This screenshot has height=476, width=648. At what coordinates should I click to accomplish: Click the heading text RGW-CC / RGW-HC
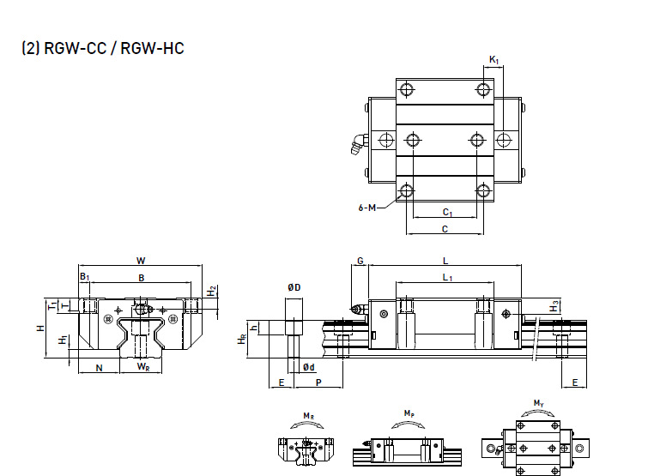click(x=103, y=48)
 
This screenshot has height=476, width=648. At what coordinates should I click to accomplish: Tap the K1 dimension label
click(x=494, y=59)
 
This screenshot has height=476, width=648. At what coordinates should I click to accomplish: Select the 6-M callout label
click(x=366, y=207)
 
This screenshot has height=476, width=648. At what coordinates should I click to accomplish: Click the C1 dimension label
click(x=446, y=212)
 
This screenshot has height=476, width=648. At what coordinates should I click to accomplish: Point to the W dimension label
click(x=142, y=260)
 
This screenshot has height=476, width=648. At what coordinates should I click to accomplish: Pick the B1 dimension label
click(x=84, y=277)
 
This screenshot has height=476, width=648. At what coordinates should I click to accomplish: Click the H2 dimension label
click(x=213, y=292)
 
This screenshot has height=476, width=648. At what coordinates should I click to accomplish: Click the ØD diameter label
click(x=293, y=287)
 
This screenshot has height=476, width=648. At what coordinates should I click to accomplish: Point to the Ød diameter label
click(x=308, y=367)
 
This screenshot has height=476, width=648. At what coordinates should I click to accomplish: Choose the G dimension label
click(x=360, y=260)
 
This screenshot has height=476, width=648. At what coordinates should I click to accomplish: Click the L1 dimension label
click(x=446, y=277)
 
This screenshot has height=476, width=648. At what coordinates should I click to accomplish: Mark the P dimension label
click(x=318, y=383)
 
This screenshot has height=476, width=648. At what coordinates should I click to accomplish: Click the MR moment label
click(x=307, y=416)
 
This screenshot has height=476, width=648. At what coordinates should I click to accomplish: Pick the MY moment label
click(x=537, y=403)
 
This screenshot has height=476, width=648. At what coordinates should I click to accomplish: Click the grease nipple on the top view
click(x=354, y=147)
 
